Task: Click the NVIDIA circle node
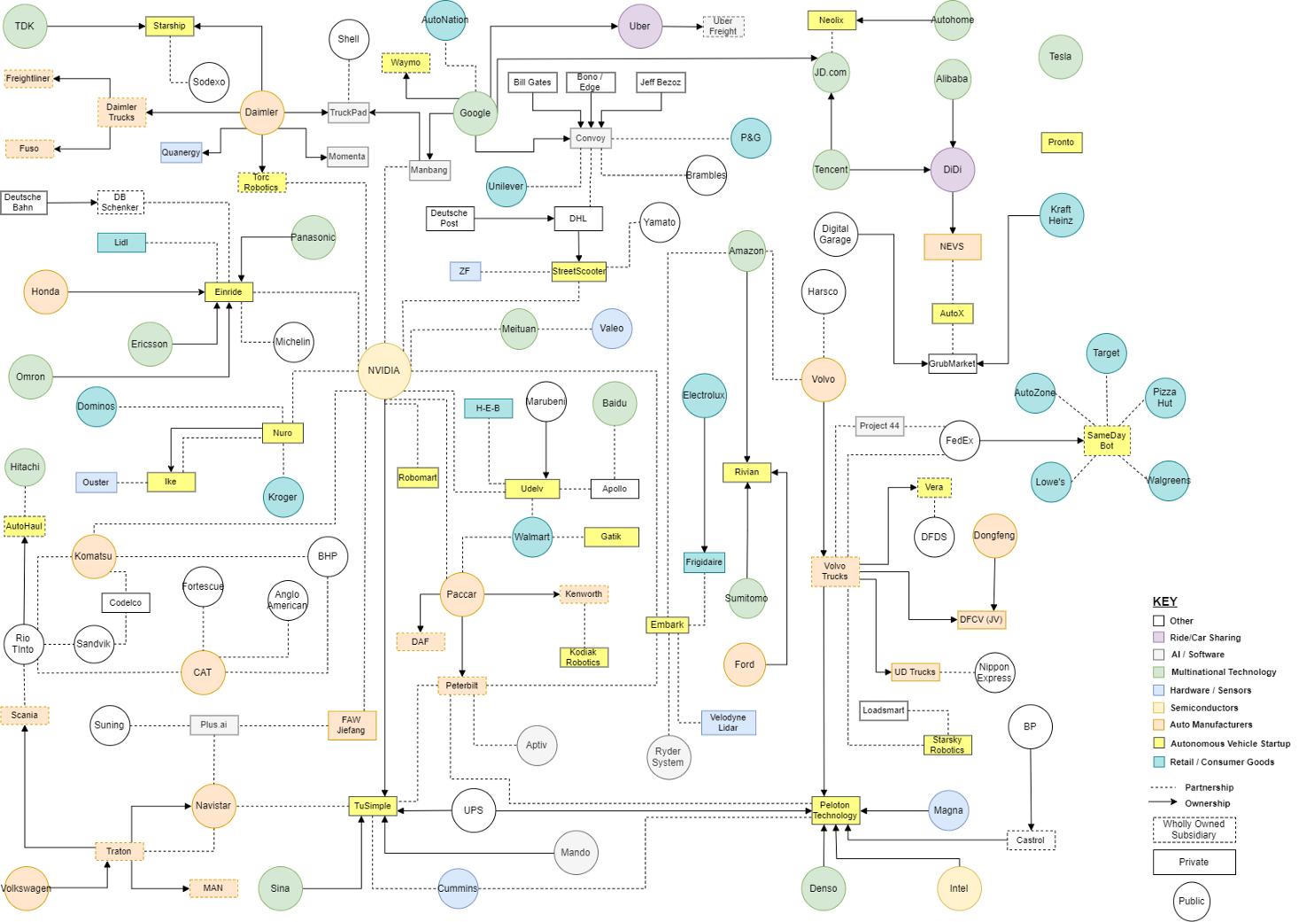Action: [x=384, y=370]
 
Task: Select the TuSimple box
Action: [x=372, y=805]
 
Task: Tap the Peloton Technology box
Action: [x=835, y=810]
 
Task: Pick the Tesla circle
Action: [x=1060, y=57]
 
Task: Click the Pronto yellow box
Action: [x=1061, y=142]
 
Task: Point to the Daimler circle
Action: [x=261, y=112]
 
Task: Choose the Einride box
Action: [x=228, y=291]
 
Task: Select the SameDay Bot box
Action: [x=1107, y=441]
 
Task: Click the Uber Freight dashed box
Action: [x=723, y=26]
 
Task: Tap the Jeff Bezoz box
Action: [x=661, y=82]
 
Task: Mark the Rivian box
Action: [x=747, y=472]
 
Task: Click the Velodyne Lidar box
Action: [x=729, y=723]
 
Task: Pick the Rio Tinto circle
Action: [x=23, y=644]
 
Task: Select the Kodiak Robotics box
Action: [x=584, y=657]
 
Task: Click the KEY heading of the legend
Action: [x=1164, y=601]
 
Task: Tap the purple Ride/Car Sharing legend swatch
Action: [x=1159, y=638]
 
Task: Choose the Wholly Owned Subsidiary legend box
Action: [x=1194, y=830]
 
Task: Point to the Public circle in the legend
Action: [x=1191, y=901]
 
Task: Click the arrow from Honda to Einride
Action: [x=136, y=291]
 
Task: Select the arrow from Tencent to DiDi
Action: [x=890, y=170]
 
